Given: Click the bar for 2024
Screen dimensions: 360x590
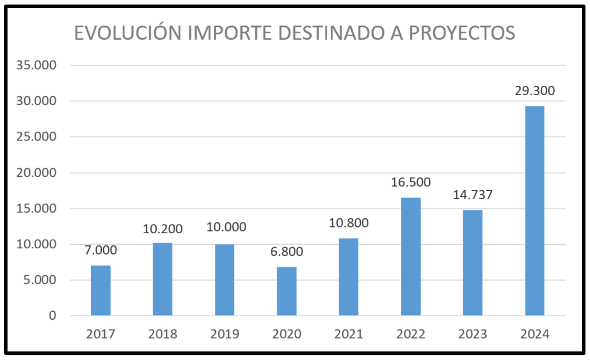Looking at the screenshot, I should [x=535, y=211].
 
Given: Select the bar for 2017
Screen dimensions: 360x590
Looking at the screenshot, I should [x=101, y=290].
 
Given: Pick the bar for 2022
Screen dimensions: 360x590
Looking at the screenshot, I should [x=411, y=256].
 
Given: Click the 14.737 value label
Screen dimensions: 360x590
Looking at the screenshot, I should [x=472, y=195].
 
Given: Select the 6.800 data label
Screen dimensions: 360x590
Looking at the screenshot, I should [x=286, y=252].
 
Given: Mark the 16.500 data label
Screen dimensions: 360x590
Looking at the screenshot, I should [x=411, y=183].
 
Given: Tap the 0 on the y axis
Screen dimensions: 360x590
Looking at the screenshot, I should [x=53, y=316].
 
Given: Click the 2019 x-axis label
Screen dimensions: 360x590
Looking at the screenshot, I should [x=224, y=335].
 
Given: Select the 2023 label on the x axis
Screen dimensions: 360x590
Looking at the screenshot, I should [x=472, y=335].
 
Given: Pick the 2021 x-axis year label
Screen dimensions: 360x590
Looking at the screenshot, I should [x=349, y=335].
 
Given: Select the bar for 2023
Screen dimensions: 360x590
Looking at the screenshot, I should [x=472, y=263].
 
